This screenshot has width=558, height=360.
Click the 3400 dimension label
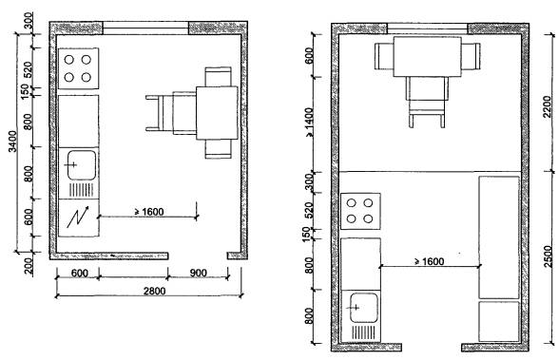tap(12, 142)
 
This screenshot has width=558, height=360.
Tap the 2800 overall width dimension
tap(154, 291)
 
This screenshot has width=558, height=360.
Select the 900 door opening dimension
tap(198, 273)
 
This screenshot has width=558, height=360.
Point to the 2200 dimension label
tap(548, 106)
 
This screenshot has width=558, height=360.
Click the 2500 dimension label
tap(549, 256)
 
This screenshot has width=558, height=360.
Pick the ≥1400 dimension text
tap(310, 123)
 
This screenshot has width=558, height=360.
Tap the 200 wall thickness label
tap(29, 266)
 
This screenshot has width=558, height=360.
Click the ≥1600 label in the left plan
tap(149, 212)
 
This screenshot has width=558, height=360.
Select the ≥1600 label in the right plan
tap(430, 261)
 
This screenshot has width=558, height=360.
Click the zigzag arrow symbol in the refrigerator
tap(78, 217)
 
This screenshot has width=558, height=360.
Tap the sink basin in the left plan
tap(82, 165)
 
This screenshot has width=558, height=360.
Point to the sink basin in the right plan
tap(364, 308)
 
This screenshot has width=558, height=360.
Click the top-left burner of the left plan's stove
tap(69, 60)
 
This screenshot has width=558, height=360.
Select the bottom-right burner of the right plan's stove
tap(368, 218)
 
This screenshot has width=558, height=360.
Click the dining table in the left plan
tap(217, 113)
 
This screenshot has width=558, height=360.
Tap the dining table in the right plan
tap(428, 56)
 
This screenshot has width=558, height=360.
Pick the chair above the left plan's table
tap(218, 77)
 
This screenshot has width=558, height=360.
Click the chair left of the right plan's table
tap(384, 56)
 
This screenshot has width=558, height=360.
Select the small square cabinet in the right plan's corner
tap(499, 321)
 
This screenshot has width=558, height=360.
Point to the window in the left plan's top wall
tap(145, 28)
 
